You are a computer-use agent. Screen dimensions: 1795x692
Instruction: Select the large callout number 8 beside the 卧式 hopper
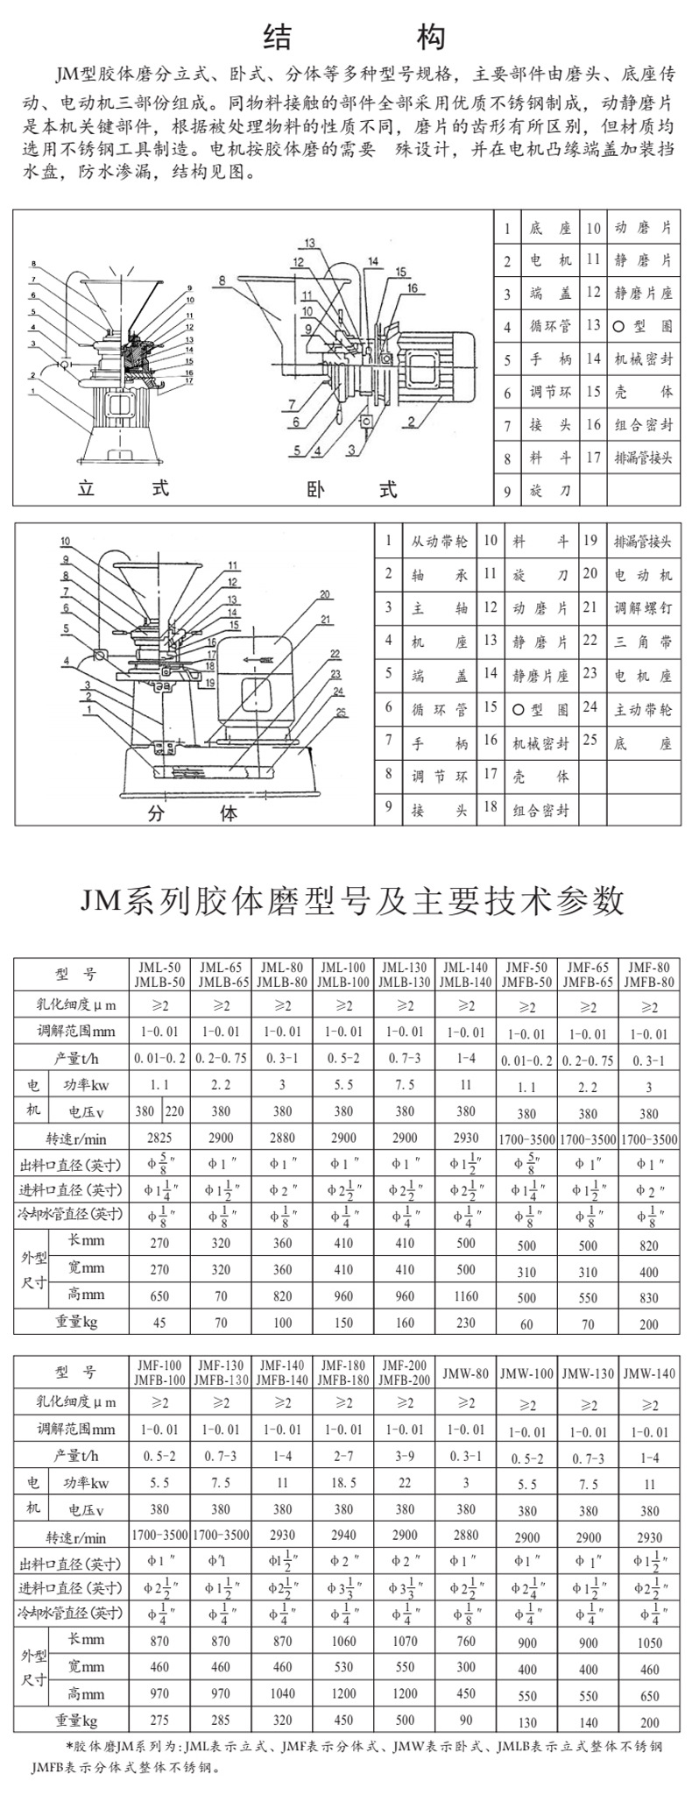pos(222,280)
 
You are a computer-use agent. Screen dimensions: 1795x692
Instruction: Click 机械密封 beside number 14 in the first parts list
pos(643,358)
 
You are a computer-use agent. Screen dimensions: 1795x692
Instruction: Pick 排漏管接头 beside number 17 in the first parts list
pos(643,458)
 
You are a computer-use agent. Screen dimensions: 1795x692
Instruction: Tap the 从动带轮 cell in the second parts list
pos(440,542)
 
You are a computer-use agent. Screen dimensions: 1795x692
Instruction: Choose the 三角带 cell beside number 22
pos(643,642)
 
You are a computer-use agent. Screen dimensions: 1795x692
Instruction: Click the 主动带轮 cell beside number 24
pos(643,708)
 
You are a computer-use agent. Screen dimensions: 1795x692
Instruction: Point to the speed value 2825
pos(159,1138)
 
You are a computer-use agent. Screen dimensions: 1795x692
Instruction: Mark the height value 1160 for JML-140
pos(465,1295)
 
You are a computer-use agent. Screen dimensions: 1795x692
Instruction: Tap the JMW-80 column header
pos(465,1373)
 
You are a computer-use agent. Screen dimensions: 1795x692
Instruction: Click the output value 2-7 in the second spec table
pos(343,1456)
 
